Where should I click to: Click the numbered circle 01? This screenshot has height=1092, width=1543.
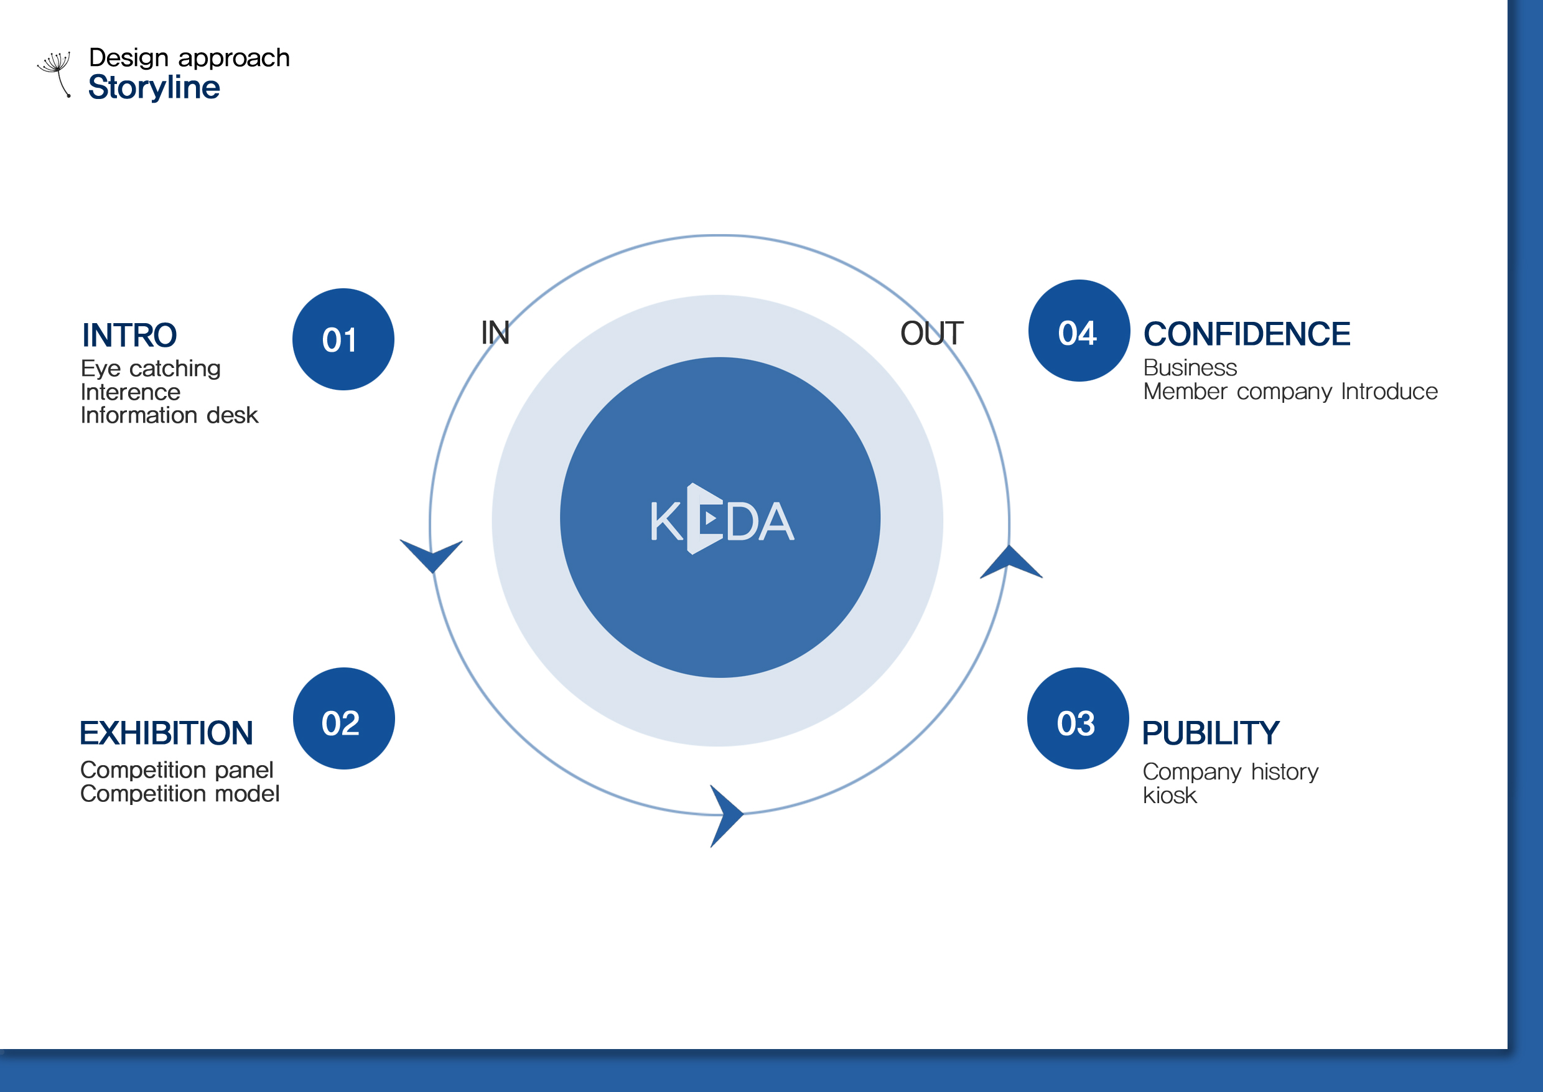click(343, 339)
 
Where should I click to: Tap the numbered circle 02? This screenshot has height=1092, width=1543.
click(343, 718)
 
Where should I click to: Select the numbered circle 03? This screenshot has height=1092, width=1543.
click(1078, 718)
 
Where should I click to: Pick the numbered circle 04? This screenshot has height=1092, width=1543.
click(1079, 331)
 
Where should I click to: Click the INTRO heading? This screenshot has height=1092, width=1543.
click(129, 335)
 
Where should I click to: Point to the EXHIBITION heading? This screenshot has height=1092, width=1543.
click(166, 733)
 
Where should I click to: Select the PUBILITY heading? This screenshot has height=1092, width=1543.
click(1210, 733)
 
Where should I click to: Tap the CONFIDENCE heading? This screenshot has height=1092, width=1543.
click(1247, 334)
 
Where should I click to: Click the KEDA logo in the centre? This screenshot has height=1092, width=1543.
click(722, 519)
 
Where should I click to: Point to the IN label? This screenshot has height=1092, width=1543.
click(495, 333)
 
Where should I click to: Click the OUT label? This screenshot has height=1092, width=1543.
click(931, 334)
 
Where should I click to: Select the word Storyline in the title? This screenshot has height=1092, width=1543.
click(154, 87)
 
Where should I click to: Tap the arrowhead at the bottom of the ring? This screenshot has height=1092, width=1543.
click(726, 816)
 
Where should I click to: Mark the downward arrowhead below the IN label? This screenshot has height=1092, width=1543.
click(431, 555)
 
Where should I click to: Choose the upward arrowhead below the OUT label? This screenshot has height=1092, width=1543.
click(1011, 562)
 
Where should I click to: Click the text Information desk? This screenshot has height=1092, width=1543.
click(169, 415)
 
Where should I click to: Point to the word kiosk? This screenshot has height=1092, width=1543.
click(1170, 796)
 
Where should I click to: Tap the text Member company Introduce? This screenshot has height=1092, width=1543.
click(1290, 392)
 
